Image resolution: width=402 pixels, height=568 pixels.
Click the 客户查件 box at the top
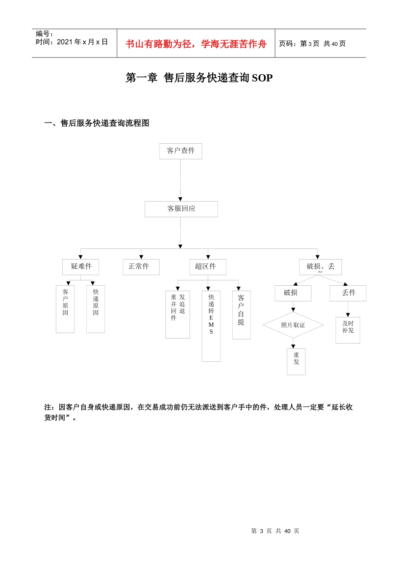(181, 151)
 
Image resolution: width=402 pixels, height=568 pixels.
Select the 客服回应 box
(181, 209)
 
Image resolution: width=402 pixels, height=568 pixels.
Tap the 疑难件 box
(80, 267)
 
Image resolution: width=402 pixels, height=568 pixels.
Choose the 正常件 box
(141, 267)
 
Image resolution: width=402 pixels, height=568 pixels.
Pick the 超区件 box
(208, 267)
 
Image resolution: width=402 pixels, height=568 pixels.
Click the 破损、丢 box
(320, 267)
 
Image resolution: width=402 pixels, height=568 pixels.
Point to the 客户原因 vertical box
(65, 309)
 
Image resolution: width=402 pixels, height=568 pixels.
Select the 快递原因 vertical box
(96, 309)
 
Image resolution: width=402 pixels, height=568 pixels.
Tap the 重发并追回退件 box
(178, 314)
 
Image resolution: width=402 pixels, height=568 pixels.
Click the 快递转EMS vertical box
(211, 325)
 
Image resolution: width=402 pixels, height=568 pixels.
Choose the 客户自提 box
(241, 314)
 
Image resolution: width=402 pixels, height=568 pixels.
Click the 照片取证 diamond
(293, 325)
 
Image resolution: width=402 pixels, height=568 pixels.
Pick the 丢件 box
(348, 293)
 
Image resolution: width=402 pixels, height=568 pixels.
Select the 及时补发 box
(348, 330)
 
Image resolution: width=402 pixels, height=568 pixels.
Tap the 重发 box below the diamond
(296, 361)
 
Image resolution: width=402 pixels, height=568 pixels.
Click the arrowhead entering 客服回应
(180, 199)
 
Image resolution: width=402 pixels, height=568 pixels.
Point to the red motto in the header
(196, 44)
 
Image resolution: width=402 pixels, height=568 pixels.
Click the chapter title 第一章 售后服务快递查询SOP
(199, 78)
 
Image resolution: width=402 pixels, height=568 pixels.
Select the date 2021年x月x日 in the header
(82, 42)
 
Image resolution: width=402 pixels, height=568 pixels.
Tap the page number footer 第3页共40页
(275, 531)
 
